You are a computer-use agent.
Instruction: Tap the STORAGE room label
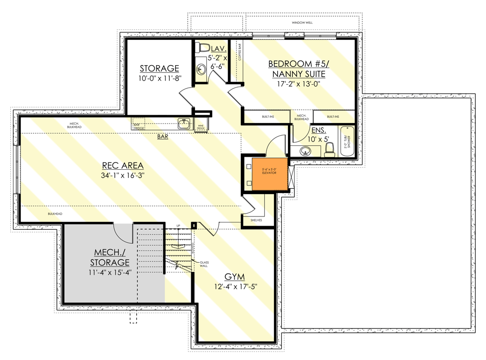(160, 68)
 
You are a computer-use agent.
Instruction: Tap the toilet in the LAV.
(203, 48)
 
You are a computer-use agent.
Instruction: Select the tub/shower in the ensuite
(347, 141)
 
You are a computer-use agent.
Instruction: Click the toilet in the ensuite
(329, 149)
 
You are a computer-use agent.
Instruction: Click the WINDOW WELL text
(302, 23)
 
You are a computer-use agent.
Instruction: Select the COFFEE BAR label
(239, 53)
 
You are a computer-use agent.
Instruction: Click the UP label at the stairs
(178, 226)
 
